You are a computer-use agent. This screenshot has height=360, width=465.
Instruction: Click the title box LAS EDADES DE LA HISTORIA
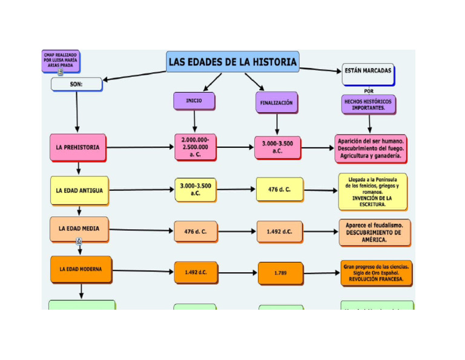tap(232, 62)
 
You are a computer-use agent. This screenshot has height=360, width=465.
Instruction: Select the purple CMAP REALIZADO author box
tap(61, 61)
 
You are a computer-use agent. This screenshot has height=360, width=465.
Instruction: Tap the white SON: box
tap(76, 84)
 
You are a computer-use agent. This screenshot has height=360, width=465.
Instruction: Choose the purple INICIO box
tap(194, 101)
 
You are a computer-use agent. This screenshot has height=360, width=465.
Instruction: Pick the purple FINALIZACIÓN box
tap(276, 103)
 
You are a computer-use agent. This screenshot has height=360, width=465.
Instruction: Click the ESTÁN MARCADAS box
tap(368, 71)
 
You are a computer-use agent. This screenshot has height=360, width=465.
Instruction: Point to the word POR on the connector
tap(369, 91)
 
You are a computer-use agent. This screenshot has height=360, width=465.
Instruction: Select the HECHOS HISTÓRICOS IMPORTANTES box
tap(368, 104)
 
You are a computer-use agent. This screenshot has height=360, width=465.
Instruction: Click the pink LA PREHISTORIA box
tap(77, 147)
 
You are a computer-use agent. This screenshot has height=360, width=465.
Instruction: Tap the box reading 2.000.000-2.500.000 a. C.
tap(195, 147)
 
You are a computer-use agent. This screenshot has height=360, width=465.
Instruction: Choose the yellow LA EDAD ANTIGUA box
tap(79, 190)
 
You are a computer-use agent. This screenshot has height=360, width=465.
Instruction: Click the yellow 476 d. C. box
tap(279, 190)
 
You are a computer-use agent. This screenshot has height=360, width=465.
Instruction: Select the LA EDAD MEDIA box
tap(79, 229)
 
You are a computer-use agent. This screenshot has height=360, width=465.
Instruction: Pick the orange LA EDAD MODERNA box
tap(81, 268)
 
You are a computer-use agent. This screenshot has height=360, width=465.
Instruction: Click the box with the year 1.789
tap(280, 273)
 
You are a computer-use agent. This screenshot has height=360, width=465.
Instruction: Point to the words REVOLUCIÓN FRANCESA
tap(377, 279)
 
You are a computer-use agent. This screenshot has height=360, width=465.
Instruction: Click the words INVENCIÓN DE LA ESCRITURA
tap(372, 201)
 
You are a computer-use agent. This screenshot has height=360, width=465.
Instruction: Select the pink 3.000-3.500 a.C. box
tap(277, 147)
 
